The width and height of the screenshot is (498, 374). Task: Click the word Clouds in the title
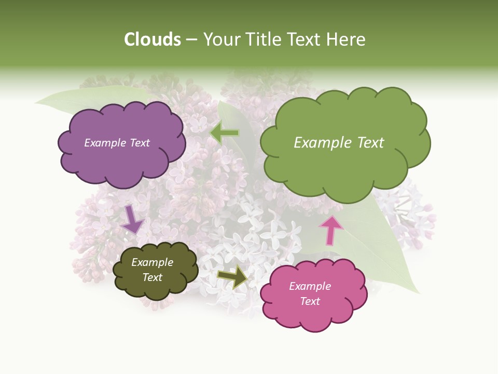[x=152, y=39]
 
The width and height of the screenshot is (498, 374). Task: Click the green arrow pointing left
[x=225, y=133]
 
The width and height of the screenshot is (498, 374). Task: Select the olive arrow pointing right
[x=232, y=276]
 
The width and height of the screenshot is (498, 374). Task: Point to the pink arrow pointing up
[x=330, y=230]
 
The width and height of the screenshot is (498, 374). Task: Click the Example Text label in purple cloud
[x=117, y=143]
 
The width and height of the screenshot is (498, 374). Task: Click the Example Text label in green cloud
[x=339, y=143]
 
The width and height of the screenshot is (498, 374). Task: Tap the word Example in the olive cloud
[x=152, y=262]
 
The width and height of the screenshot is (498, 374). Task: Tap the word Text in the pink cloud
[x=310, y=301]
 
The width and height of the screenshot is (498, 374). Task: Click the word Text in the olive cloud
[x=152, y=277]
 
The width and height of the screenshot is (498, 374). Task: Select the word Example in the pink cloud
[x=310, y=286]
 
